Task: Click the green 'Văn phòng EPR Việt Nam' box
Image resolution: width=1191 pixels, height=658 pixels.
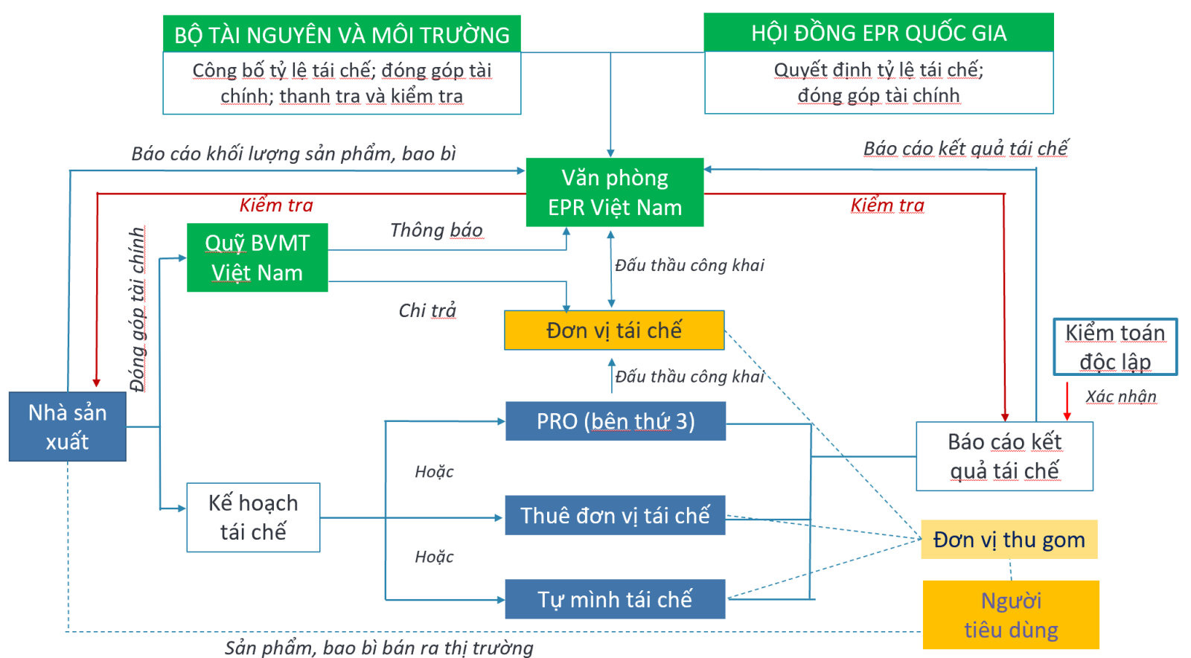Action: pyautogui.click(x=614, y=192)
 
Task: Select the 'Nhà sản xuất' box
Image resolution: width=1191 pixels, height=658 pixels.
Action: pyautogui.click(x=68, y=427)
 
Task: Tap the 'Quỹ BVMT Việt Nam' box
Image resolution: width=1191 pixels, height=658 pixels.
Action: pyautogui.click(x=257, y=258)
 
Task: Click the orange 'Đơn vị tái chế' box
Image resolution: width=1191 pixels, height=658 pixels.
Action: pyautogui.click(x=614, y=330)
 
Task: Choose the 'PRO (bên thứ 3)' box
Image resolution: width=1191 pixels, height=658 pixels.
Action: pyautogui.click(x=616, y=421)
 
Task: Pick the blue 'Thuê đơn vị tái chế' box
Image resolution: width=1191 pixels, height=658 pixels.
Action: pyautogui.click(x=615, y=515)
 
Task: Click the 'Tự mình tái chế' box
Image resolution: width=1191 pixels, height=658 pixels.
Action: pyautogui.click(x=615, y=599)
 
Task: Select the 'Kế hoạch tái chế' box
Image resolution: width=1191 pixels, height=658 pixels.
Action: pyautogui.click(x=253, y=517)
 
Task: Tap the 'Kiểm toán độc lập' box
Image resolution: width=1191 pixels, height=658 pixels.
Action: pyautogui.click(x=1115, y=347)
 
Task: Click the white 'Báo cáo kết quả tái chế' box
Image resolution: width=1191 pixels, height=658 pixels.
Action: pyautogui.click(x=1004, y=456)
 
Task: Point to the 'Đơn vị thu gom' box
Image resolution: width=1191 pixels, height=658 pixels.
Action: pyautogui.click(x=1009, y=540)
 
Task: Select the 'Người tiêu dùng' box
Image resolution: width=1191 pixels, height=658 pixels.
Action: pyautogui.click(x=1011, y=615)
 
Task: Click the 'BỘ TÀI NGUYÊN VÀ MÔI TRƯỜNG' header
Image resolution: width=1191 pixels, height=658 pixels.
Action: pyautogui.click(x=342, y=35)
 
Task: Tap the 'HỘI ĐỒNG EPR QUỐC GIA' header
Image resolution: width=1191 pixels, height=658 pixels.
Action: pyautogui.click(x=878, y=33)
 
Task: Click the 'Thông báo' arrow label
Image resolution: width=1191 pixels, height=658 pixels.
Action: pyautogui.click(x=436, y=231)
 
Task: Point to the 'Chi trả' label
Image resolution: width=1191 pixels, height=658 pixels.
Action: pyautogui.click(x=427, y=310)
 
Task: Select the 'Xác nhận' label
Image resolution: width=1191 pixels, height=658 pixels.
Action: pyautogui.click(x=1121, y=397)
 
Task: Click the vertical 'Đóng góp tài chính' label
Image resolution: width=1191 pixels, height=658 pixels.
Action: pyautogui.click(x=137, y=310)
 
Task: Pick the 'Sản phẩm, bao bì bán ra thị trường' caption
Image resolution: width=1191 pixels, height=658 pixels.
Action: pyautogui.click(x=379, y=648)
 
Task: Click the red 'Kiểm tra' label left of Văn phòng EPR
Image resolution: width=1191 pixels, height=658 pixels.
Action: pyautogui.click(x=276, y=205)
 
